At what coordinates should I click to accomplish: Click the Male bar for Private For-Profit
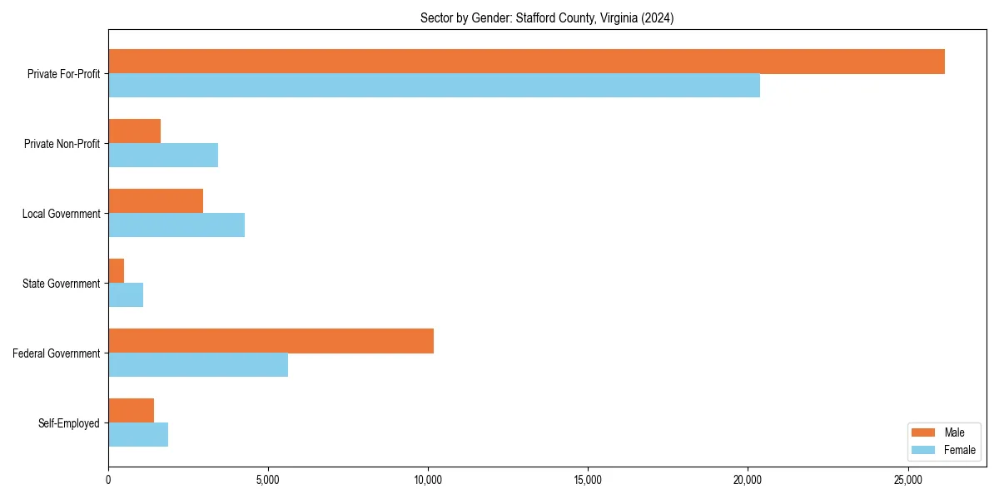tap(526, 62)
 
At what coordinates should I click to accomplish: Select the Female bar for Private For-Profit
tap(434, 86)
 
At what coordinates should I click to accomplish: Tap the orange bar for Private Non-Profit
tap(134, 131)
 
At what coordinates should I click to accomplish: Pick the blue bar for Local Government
tap(176, 225)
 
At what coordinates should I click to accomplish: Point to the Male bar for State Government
tap(117, 271)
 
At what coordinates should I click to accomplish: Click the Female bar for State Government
tap(126, 295)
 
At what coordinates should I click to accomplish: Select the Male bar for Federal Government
tap(271, 341)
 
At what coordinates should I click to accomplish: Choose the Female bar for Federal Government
tap(198, 365)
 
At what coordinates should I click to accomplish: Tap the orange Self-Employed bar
tap(131, 411)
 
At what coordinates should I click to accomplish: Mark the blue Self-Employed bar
tap(138, 435)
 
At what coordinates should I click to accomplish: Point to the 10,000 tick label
tap(428, 481)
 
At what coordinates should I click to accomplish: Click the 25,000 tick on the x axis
tap(907, 481)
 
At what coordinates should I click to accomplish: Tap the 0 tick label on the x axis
tap(108, 481)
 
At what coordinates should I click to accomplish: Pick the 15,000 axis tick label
tap(588, 481)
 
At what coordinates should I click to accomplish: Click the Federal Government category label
tap(57, 353)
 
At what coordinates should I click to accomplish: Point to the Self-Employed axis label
tap(69, 423)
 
